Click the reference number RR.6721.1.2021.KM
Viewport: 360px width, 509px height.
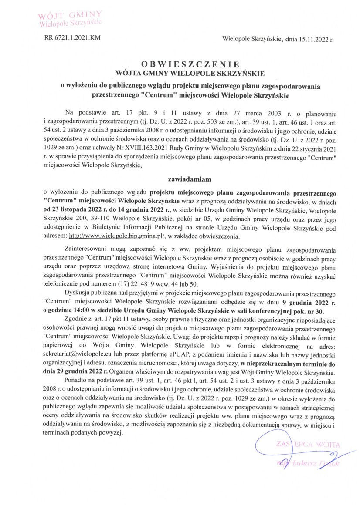[72, 38]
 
